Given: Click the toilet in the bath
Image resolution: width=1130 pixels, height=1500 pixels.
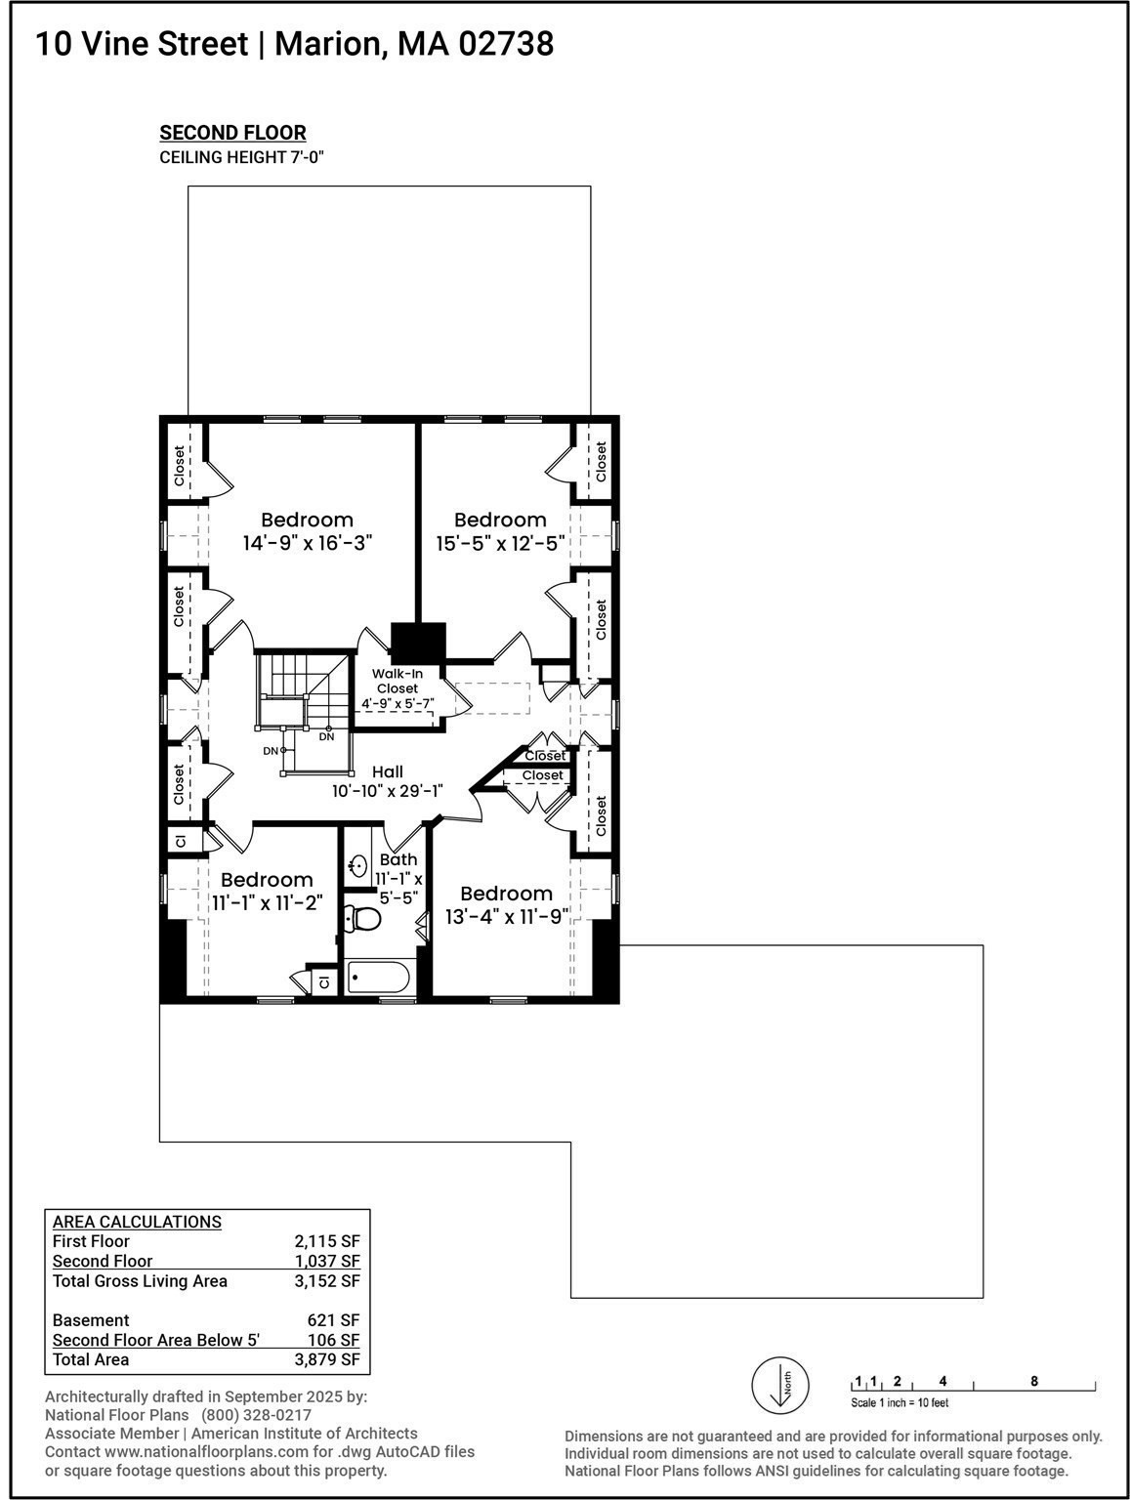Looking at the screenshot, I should click(365, 917).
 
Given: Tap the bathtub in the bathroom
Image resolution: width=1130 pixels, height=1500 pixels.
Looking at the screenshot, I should click(379, 977).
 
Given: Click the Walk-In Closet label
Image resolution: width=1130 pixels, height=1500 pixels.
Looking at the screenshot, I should click(397, 681).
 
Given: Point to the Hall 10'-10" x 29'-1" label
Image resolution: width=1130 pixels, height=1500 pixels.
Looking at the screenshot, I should click(387, 781).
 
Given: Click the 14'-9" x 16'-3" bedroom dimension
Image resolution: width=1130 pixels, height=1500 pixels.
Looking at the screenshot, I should click(308, 543).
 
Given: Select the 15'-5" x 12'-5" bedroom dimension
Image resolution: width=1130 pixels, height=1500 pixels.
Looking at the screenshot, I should click(500, 544).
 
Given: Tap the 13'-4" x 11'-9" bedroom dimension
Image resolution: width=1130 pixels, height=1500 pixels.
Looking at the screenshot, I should click(506, 917).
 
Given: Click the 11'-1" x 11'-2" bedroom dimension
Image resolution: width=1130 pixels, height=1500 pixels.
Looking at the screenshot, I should click(267, 903).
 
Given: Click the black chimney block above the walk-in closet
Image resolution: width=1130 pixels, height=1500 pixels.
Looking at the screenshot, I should click(418, 642).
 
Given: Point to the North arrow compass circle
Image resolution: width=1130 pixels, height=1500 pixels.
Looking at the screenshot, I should click(779, 1385).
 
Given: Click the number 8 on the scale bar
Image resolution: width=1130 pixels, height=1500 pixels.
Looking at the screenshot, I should click(1034, 1381).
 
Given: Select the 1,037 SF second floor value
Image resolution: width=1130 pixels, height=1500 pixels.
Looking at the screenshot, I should click(327, 1261).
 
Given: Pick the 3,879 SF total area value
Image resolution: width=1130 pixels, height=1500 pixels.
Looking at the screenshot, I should click(327, 1359).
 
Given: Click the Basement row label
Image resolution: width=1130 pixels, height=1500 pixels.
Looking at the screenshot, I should click(91, 1320).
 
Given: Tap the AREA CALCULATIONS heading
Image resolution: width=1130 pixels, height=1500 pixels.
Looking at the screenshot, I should click(137, 1222).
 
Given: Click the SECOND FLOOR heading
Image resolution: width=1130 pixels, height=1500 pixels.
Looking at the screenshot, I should click(232, 133).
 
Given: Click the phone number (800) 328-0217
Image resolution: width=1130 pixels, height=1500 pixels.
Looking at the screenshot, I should click(256, 1415).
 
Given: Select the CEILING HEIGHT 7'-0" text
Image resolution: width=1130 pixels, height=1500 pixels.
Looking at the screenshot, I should click(240, 157).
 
